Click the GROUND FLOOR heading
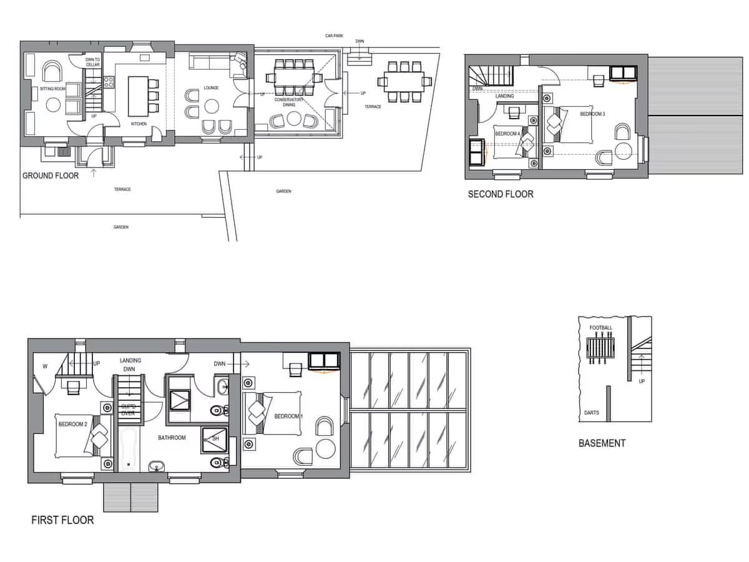(x=51, y=175)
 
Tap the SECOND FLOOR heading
(x=501, y=194)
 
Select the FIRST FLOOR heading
(x=62, y=520)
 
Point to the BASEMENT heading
(x=602, y=443)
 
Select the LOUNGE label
(x=210, y=88)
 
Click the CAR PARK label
(x=334, y=36)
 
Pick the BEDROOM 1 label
(x=289, y=417)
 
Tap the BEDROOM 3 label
(x=592, y=114)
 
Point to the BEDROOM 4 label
(x=507, y=134)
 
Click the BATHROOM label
(x=172, y=438)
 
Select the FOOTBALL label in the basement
(x=600, y=328)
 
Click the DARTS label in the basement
(x=591, y=413)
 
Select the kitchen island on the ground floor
(x=139, y=95)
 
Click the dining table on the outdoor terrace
(x=404, y=80)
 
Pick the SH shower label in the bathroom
(x=215, y=439)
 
